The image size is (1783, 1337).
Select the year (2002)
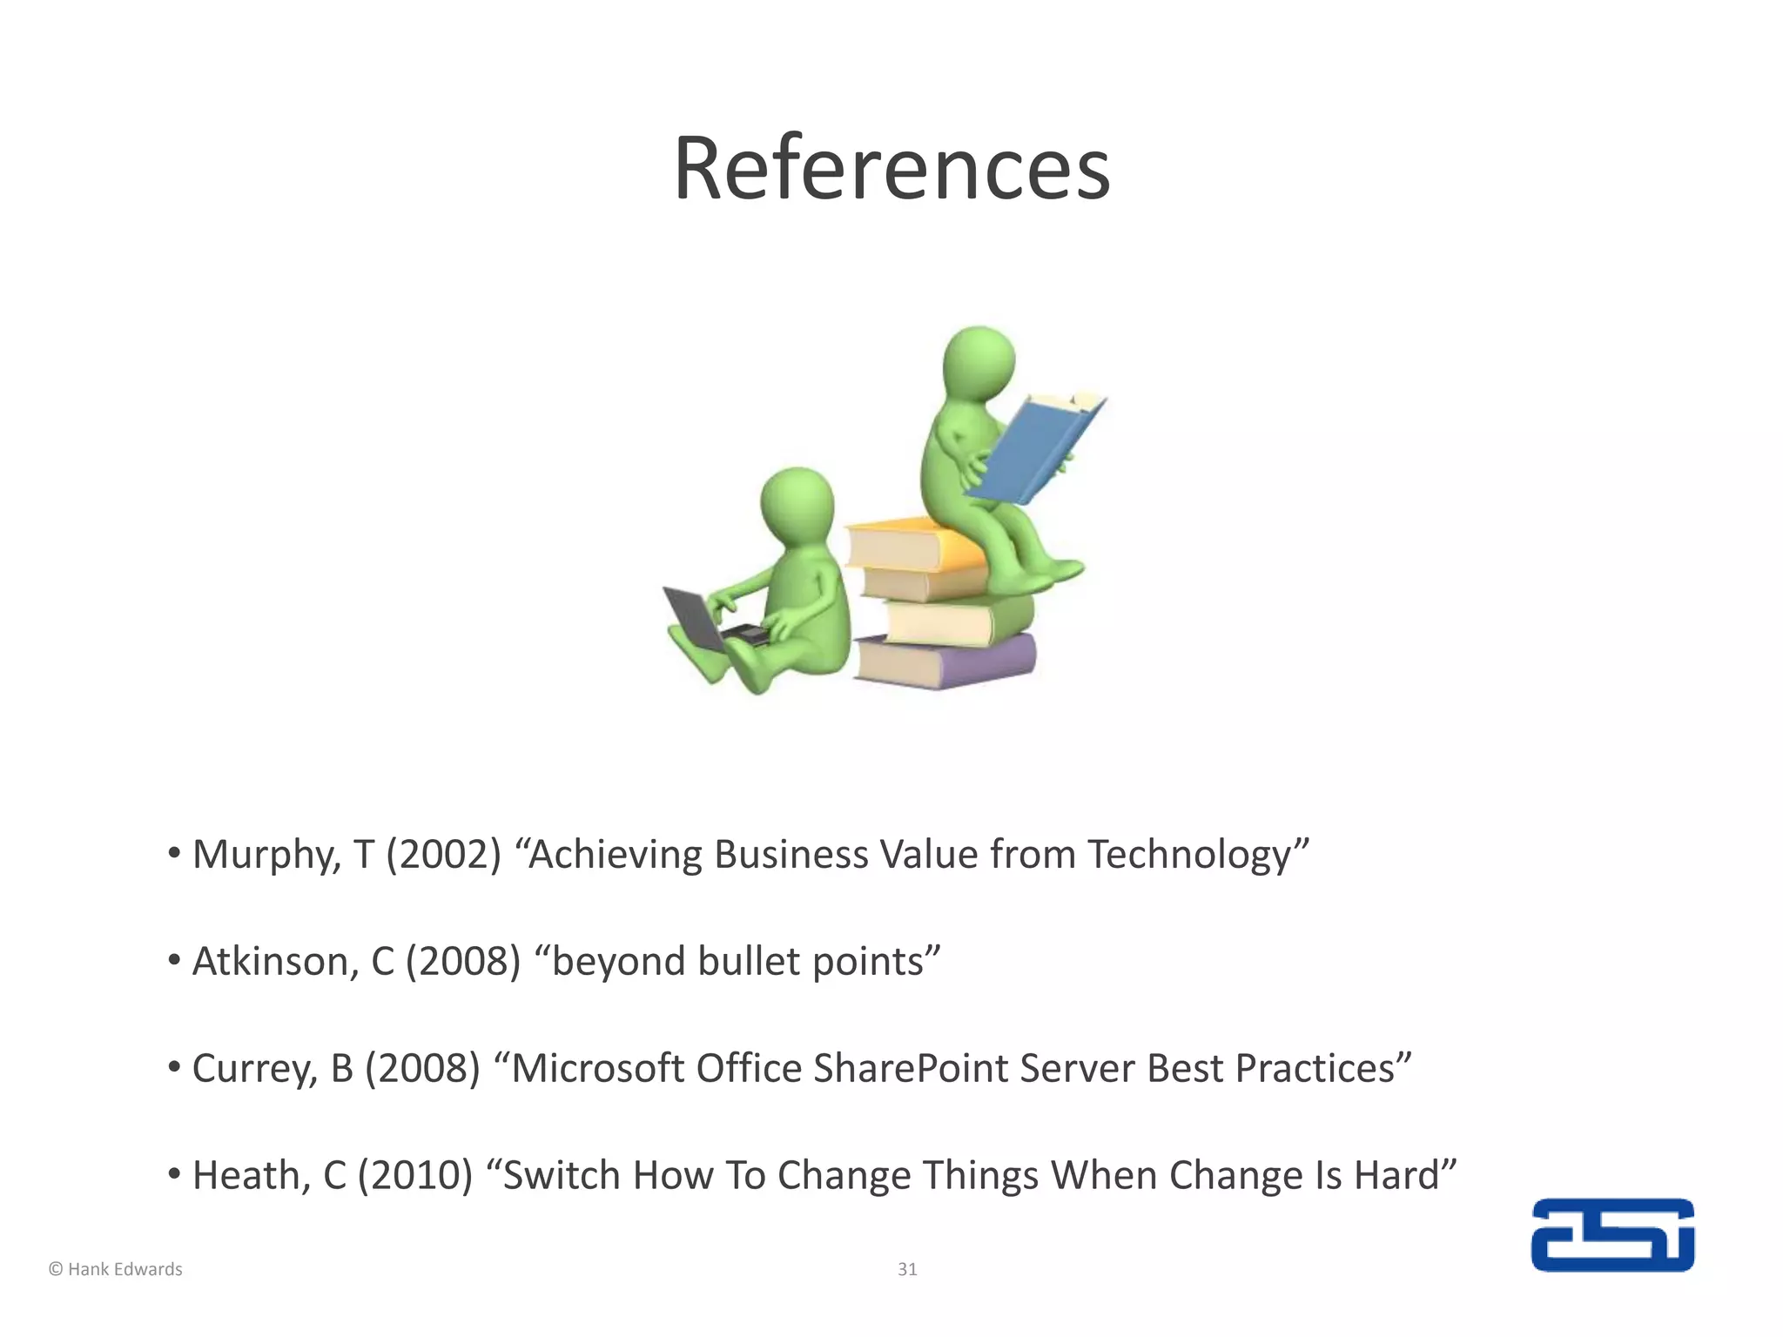click(x=444, y=855)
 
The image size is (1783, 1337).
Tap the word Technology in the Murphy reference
click(x=1188, y=855)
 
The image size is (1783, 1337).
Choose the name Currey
click(x=254, y=1069)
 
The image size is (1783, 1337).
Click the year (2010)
click(x=415, y=1176)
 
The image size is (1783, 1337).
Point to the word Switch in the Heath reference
click(x=562, y=1176)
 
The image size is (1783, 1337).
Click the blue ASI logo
click(x=1612, y=1235)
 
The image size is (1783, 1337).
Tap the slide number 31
click(x=907, y=1269)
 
